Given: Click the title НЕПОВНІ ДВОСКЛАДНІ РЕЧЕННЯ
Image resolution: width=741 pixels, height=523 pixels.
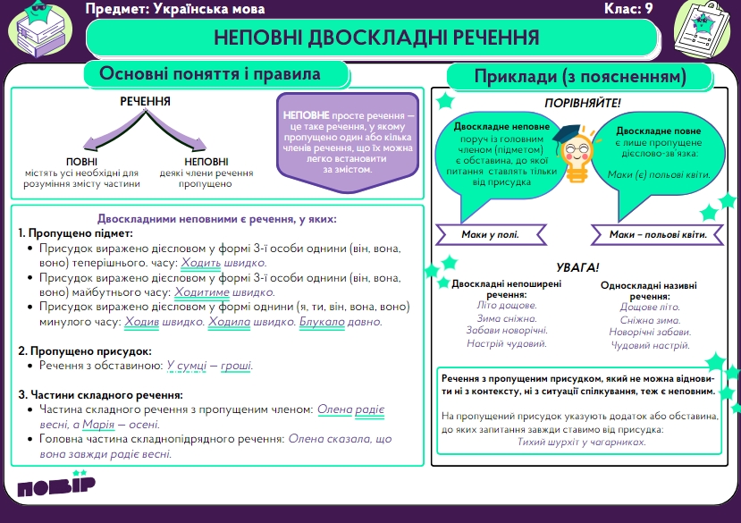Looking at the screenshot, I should pyautogui.click(x=376, y=38).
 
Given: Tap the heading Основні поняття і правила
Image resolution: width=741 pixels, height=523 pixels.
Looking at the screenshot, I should pyautogui.click(x=210, y=73).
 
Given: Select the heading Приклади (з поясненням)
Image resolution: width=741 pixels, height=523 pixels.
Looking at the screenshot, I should pyautogui.click(x=580, y=77).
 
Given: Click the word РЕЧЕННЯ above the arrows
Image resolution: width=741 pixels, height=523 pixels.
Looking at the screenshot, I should pyautogui.click(x=146, y=101).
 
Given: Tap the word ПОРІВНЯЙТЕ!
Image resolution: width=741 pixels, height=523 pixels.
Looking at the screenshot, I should pyautogui.click(x=582, y=104).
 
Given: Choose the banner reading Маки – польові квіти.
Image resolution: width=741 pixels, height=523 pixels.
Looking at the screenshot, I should pyautogui.click(x=658, y=234).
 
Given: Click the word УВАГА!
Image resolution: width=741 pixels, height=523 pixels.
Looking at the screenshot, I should pyautogui.click(x=577, y=267).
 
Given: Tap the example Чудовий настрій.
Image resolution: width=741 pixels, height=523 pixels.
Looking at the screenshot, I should pyautogui.click(x=650, y=345).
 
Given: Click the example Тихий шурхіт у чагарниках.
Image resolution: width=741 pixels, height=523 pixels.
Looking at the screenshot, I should pyautogui.click(x=582, y=442).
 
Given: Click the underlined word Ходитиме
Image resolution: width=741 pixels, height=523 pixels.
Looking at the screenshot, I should pyautogui.click(x=201, y=292).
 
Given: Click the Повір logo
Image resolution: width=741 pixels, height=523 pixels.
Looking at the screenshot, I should pyautogui.click(x=55, y=490).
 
